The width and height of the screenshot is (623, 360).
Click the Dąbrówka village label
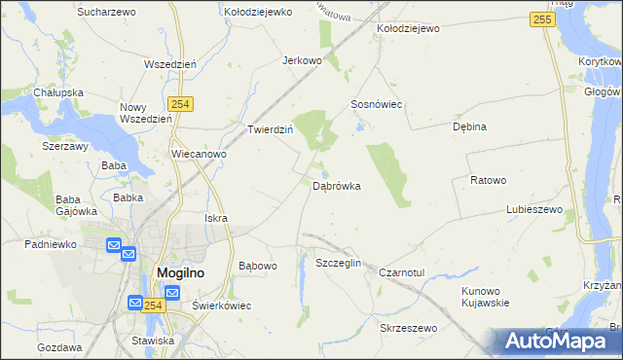coord(337,186)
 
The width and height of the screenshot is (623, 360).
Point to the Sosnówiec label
coord(377,104)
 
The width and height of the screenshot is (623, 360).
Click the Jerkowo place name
coord(302,60)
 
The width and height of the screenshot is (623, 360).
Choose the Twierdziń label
coord(271,128)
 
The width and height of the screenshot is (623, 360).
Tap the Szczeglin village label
coord(339,264)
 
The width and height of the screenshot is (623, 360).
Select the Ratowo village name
coord(489,180)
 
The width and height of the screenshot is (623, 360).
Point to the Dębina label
coord(469,126)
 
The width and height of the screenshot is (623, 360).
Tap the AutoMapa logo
coord(558,341)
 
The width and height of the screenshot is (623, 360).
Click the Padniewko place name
coord(52,244)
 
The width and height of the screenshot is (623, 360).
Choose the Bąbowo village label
coord(258,265)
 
